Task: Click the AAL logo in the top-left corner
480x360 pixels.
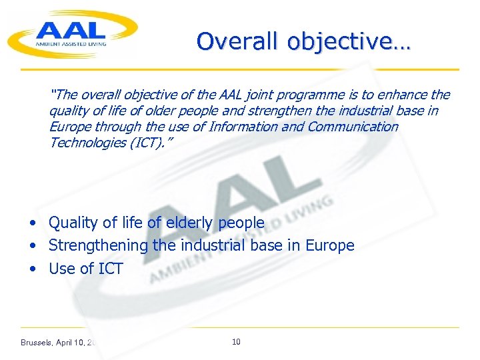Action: (72, 33)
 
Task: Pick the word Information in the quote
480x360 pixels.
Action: (243, 127)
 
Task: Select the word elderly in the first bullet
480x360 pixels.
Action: (187, 223)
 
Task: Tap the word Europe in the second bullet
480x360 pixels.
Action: (329, 245)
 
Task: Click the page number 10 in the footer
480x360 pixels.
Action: (236, 342)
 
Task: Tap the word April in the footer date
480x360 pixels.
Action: (67, 343)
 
